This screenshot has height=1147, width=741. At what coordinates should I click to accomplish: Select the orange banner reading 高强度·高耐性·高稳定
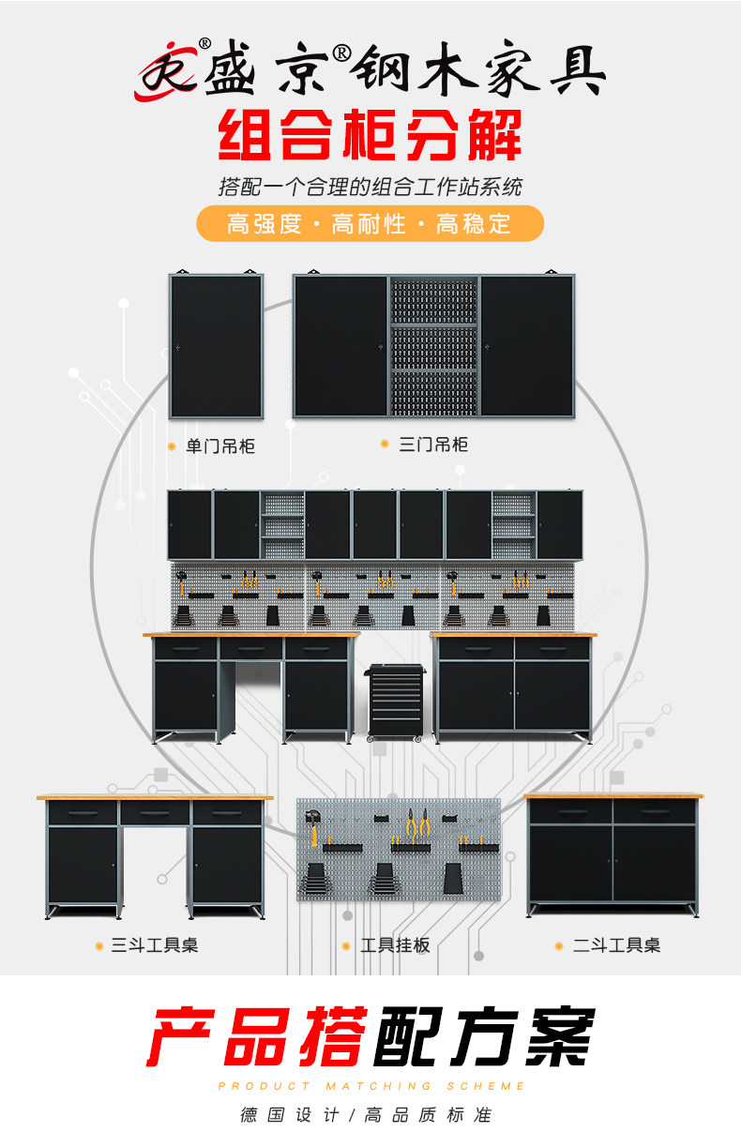370,224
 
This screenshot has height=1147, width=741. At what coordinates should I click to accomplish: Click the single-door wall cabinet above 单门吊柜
216,346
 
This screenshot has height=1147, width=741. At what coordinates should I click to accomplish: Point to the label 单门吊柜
220,446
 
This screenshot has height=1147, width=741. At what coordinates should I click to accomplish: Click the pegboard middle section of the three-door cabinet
433,346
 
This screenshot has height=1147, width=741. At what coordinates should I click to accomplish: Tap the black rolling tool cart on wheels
395,702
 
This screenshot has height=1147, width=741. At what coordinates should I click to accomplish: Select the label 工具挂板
395,945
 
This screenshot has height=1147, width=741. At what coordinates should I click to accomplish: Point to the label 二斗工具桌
616,945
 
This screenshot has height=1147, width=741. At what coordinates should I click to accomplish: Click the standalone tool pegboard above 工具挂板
399,850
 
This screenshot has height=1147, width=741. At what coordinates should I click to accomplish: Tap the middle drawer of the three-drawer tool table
155,812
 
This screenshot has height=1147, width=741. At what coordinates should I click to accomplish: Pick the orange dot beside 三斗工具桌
99,946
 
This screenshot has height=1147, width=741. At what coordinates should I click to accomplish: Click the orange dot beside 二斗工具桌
560,946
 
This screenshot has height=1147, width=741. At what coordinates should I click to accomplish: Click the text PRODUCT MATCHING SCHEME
370,1086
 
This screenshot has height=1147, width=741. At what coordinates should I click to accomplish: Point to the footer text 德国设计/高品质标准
366,1115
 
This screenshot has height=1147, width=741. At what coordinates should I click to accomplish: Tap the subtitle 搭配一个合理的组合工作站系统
370,186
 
